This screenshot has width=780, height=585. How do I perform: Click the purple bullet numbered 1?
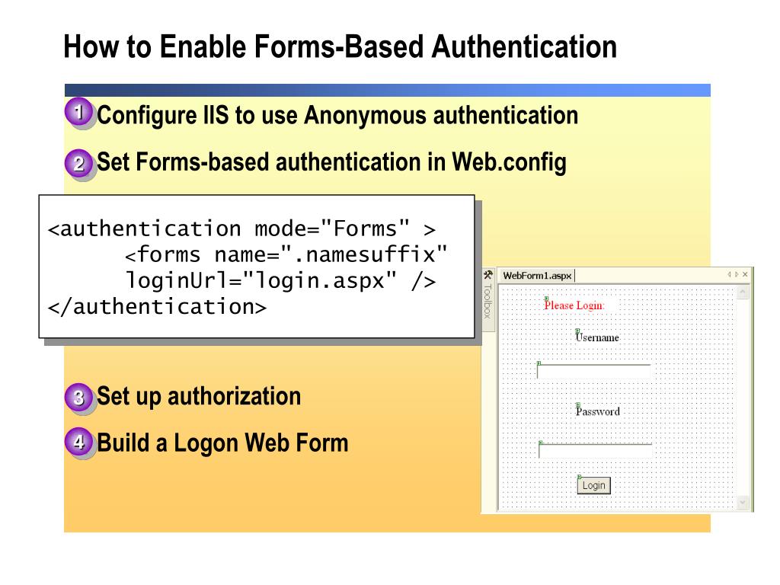click(x=78, y=114)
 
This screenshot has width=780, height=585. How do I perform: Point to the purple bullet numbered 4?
click(x=78, y=443)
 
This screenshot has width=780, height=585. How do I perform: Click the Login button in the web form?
click(x=593, y=485)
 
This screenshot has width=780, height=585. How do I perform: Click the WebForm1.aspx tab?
click(x=537, y=275)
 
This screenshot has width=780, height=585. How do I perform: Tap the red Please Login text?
click(x=574, y=305)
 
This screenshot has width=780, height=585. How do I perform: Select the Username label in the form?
click(x=597, y=337)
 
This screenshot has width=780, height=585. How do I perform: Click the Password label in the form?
click(x=598, y=411)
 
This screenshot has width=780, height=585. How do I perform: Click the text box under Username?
click(x=594, y=371)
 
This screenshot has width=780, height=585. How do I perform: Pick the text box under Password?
click(x=595, y=450)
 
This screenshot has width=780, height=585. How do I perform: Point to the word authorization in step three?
click(x=234, y=396)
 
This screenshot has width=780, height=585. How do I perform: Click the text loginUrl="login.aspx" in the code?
click(x=259, y=280)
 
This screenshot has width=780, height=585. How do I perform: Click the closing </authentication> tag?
click(x=157, y=306)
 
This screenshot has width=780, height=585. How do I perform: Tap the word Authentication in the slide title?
click(x=524, y=46)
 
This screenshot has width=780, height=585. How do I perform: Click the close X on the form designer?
click(x=745, y=274)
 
